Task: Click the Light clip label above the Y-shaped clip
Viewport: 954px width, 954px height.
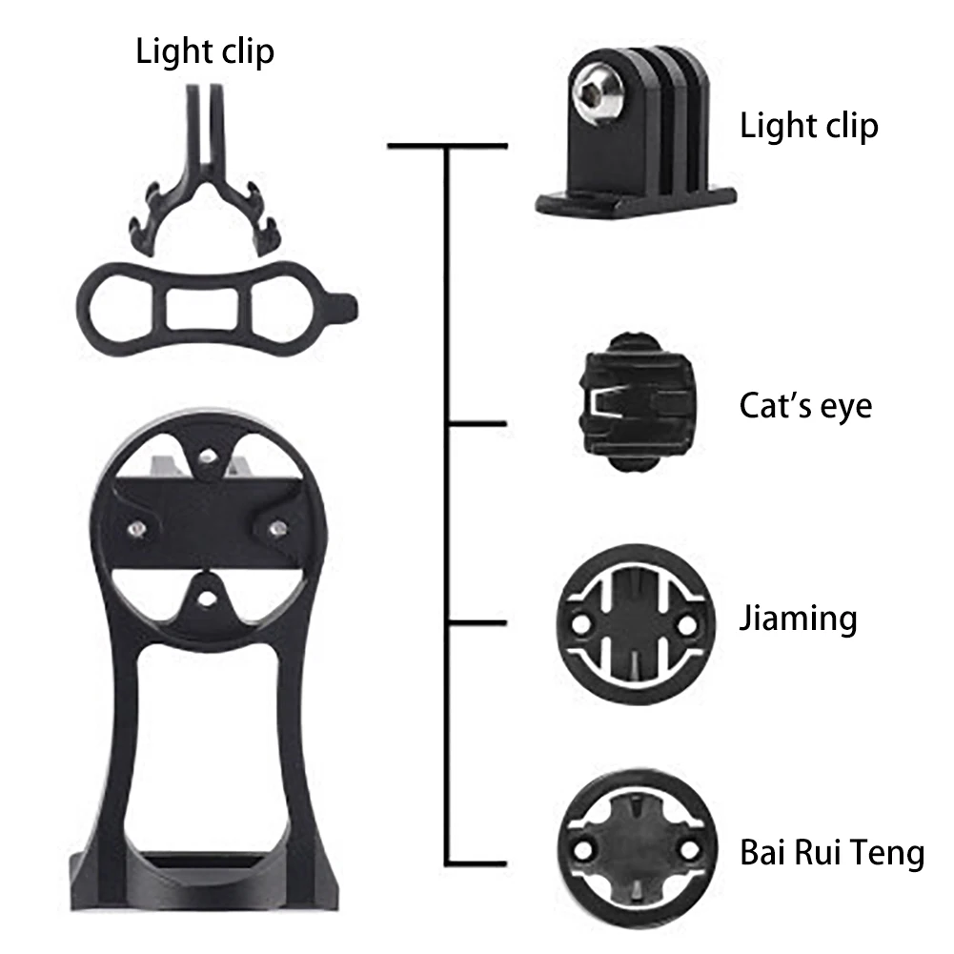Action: pos(205,51)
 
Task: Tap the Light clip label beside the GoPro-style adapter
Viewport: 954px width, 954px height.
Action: pos(809,126)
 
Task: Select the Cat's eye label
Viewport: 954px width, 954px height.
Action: pos(805,405)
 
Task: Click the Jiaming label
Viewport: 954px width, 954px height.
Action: pos(799,619)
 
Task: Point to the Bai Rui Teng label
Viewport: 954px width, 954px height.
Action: pos(832,852)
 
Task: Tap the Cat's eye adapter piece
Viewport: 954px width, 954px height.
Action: pos(636,402)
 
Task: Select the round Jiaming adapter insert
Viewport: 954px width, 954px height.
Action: pos(636,625)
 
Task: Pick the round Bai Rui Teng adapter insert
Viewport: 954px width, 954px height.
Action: pos(637,848)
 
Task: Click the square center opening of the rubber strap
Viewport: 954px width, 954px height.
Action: pos(202,309)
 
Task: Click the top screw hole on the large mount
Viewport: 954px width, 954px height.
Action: pos(208,457)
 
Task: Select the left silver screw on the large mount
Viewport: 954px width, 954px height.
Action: pos(137,529)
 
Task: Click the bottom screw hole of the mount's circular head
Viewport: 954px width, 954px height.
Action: pos(207,599)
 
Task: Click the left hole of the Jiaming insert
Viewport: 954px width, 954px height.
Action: pos(580,624)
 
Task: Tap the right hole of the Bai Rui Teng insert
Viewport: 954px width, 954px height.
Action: pos(689,850)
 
